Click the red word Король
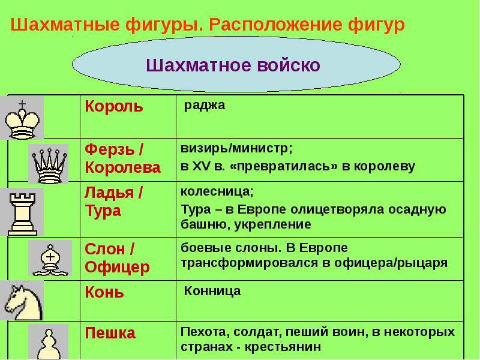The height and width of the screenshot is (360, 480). click(114, 107)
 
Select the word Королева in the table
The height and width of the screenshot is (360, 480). click(122, 167)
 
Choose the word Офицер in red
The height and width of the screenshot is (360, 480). click(117, 266)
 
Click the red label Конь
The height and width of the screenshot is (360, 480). click(104, 292)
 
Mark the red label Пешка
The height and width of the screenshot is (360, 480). click(110, 332)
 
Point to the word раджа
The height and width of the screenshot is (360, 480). click(204, 106)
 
